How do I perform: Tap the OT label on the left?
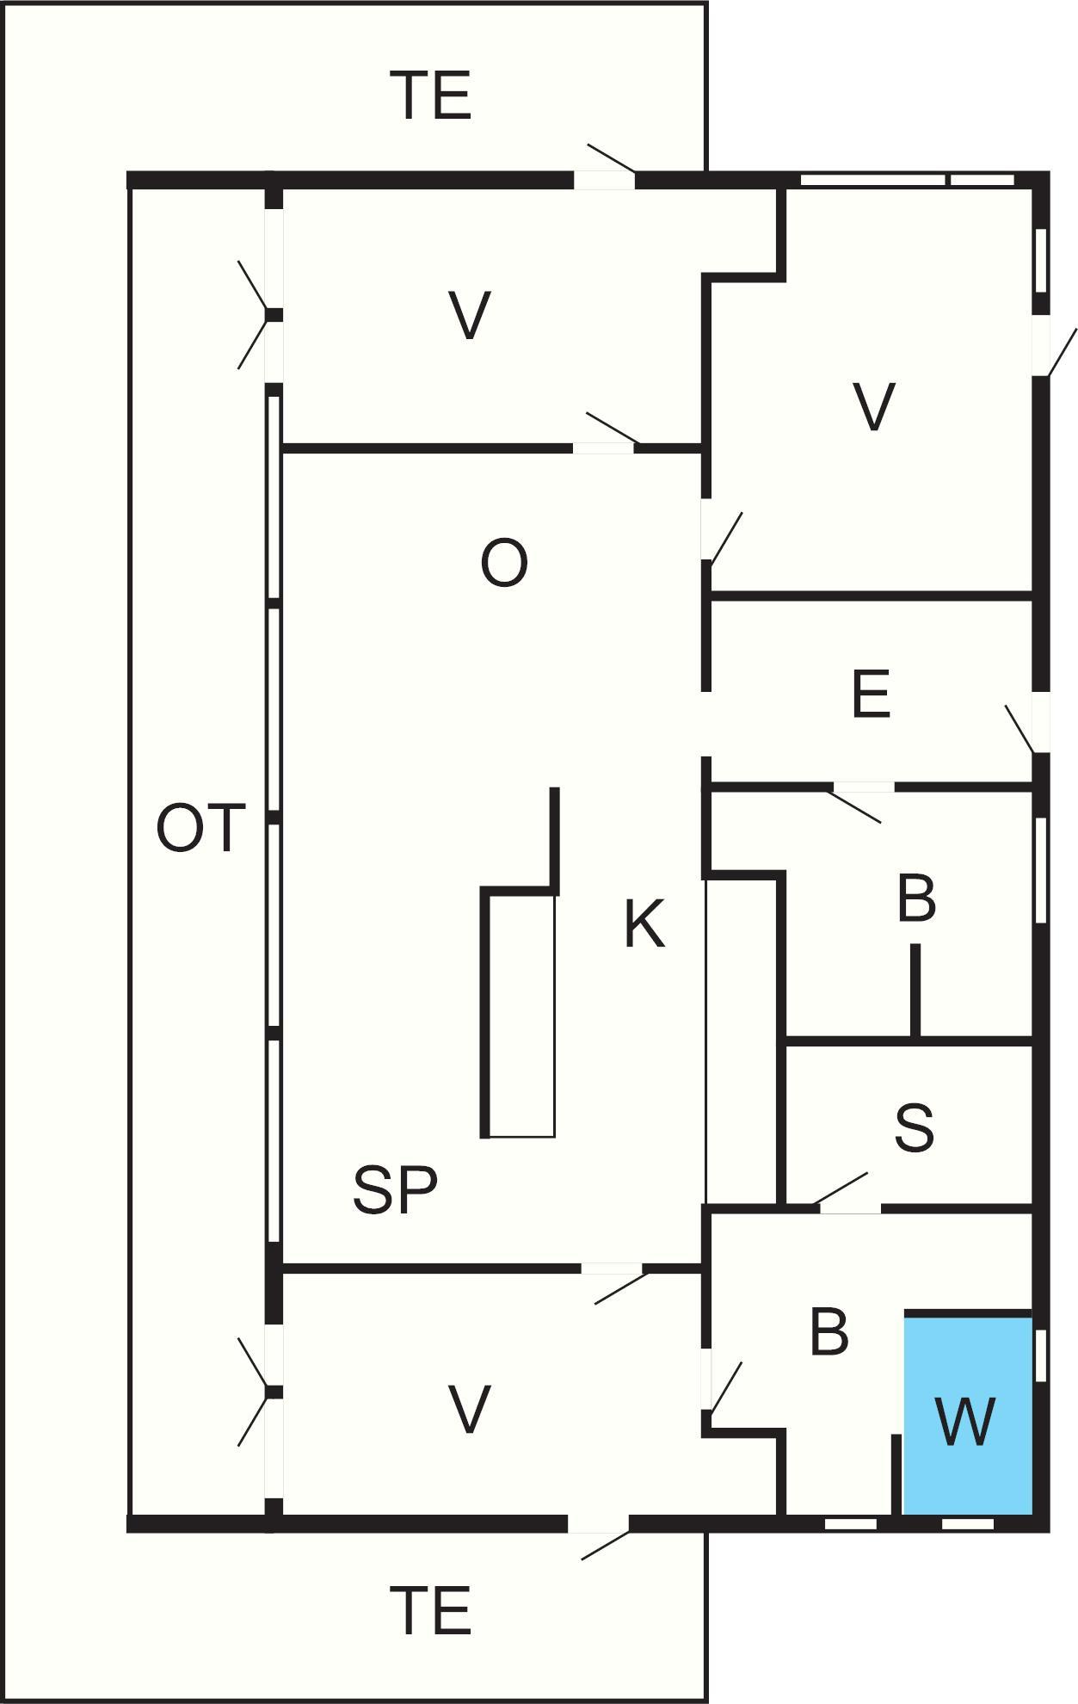[200, 829]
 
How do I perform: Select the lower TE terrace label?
[431, 1611]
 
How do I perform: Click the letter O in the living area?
[503, 564]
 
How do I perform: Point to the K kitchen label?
[644, 924]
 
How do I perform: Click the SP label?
[395, 1190]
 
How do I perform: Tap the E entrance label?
[870, 695]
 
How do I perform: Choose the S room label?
[914, 1128]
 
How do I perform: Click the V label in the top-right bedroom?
[873, 406]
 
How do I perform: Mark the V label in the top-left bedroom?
[470, 317]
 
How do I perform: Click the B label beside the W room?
[829, 1333]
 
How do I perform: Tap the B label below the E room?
[915, 899]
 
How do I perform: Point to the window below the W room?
[967, 1524]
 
